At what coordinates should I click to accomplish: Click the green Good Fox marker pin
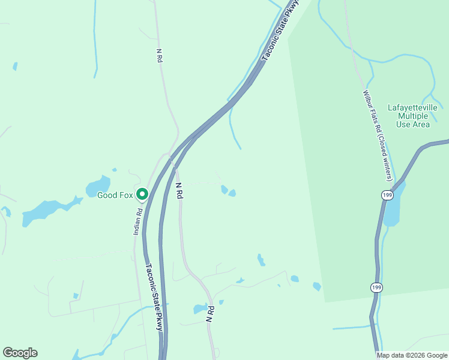[x=142, y=194]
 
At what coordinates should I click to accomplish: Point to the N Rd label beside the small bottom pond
[x=210, y=314]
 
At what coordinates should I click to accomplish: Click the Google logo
[x=20, y=353]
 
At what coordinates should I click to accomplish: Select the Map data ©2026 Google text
[x=412, y=355]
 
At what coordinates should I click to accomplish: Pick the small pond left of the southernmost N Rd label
[x=199, y=310]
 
